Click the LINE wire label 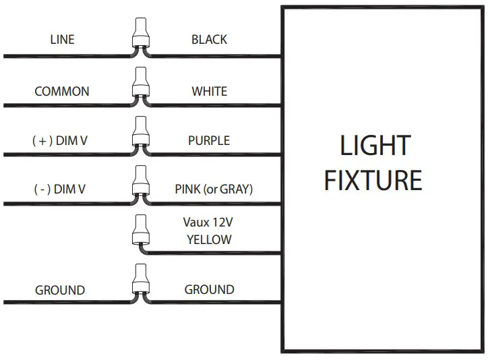[62, 40]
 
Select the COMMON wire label [62, 92]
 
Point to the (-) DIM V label [59, 190]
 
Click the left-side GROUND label [60, 291]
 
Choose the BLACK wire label [209, 40]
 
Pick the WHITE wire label [209, 91]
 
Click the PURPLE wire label [209, 141]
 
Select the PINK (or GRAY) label [210, 189]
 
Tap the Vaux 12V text [209, 222]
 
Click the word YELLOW [209, 239]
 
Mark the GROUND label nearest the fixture [209, 290]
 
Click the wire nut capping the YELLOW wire [141, 232]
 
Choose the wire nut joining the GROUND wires [141, 282]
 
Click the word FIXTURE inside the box [373, 181]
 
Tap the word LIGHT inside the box [375, 146]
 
